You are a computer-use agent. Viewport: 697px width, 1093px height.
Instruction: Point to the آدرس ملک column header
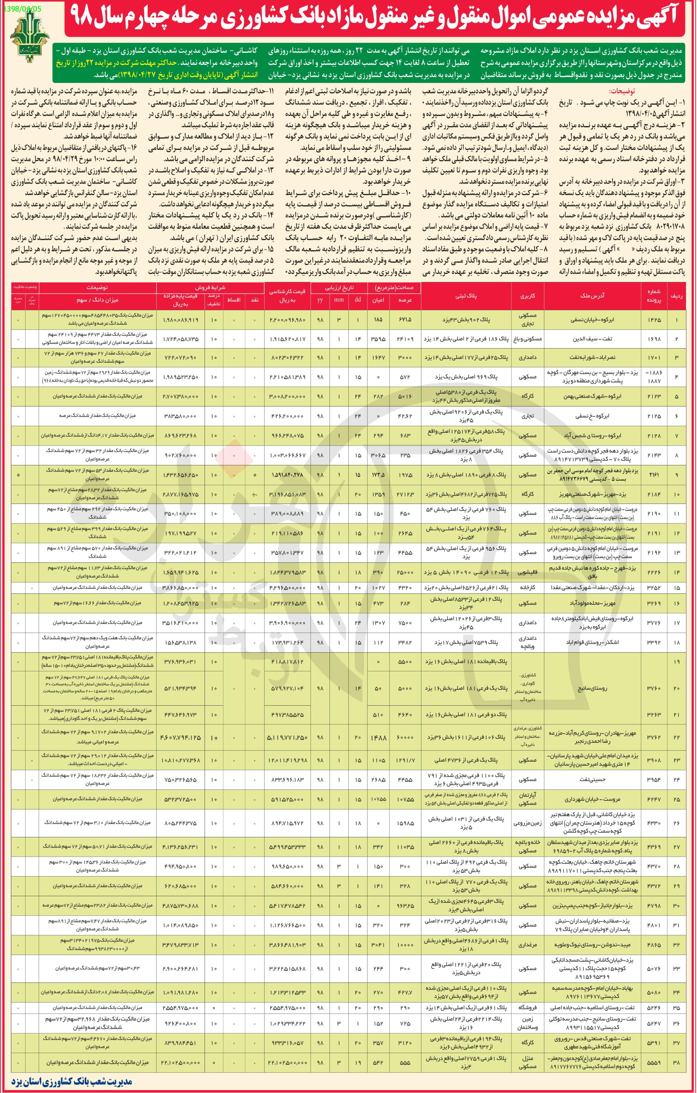pyautogui.click(x=592, y=295)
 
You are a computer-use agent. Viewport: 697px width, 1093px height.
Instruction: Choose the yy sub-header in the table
pyautogui.click(x=320, y=299)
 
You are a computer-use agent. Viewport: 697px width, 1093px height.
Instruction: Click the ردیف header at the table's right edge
pyautogui.click(x=677, y=295)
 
